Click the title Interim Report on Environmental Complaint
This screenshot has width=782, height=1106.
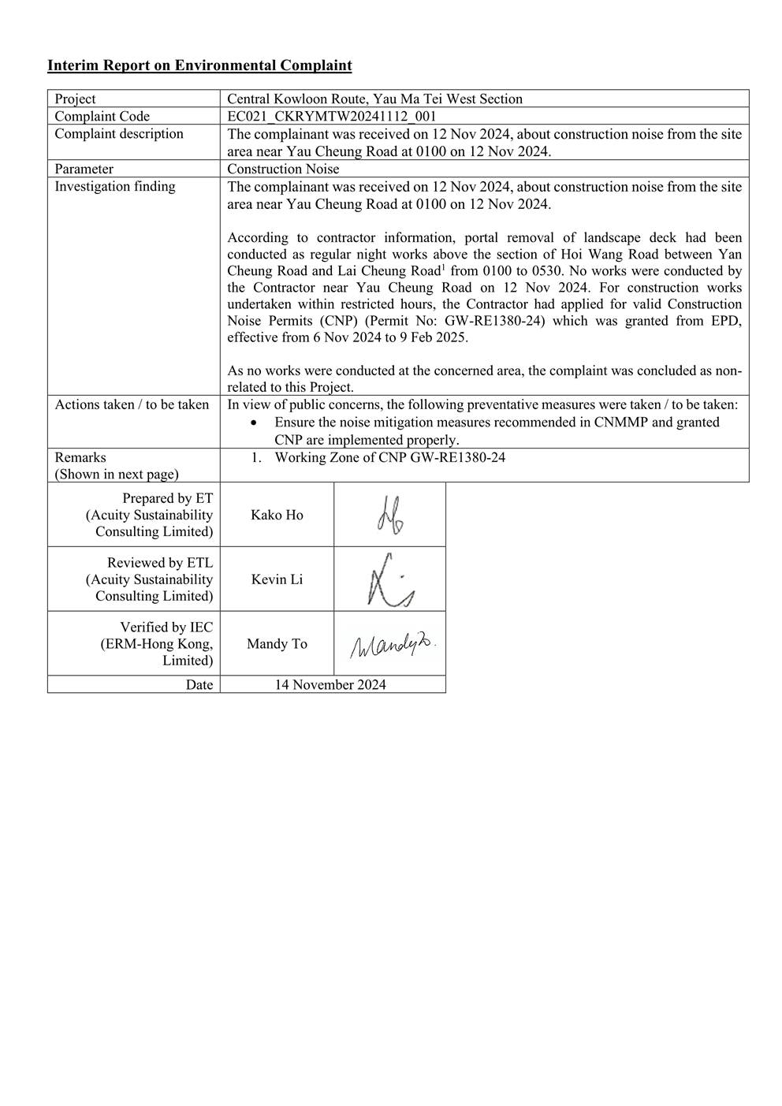(x=199, y=65)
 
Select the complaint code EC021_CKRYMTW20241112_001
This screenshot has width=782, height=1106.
(x=331, y=117)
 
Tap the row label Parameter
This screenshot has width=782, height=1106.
(x=84, y=169)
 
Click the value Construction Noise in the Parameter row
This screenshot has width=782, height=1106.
(x=283, y=169)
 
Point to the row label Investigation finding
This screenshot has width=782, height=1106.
(x=115, y=186)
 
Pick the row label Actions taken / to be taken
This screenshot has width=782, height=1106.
(x=132, y=404)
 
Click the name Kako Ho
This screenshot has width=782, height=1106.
(x=277, y=515)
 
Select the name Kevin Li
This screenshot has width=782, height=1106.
(x=277, y=579)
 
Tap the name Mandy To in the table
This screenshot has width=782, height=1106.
(x=277, y=644)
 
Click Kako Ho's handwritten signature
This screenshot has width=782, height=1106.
(x=389, y=515)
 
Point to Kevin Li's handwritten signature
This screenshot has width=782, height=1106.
(x=389, y=580)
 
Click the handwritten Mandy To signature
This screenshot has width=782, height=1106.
(x=392, y=646)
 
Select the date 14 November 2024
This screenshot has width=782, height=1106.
(x=330, y=684)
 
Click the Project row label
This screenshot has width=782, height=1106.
(x=75, y=99)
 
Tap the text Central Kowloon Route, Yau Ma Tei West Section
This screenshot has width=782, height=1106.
(x=374, y=99)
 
